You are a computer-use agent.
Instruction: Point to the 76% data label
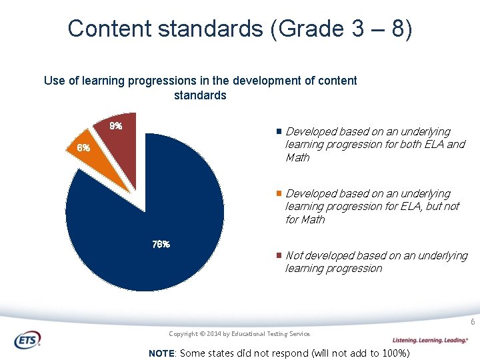click(161, 244)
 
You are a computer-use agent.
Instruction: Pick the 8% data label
click(116, 126)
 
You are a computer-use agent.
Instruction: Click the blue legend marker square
click(279, 132)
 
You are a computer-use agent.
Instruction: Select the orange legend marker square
click(279, 193)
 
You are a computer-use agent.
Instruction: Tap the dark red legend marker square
click(279, 256)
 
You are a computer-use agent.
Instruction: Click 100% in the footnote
click(393, 353)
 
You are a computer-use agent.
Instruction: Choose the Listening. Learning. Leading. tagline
click(429, 340)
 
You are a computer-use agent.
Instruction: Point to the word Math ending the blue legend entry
click(297, 158)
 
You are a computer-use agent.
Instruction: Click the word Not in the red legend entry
click(293, 255)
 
